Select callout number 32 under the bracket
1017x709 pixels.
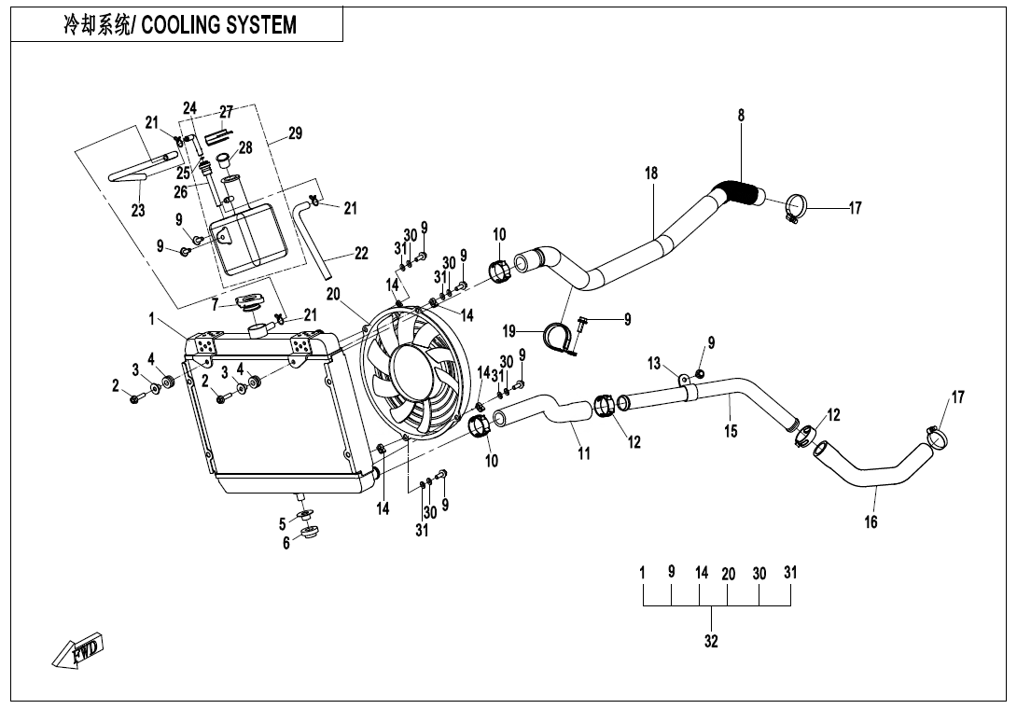711,642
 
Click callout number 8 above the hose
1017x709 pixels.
741,116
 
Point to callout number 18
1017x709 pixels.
651,173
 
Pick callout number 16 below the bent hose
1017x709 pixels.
871,522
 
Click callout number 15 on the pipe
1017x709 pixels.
731,430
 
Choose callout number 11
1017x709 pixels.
584,453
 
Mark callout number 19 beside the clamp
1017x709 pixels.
508,330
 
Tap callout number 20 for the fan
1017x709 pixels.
333,294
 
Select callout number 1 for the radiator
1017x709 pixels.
150,319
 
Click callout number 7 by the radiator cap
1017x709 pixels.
215,304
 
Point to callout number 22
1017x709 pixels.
361,253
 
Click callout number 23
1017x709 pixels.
138,211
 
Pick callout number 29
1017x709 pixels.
295,134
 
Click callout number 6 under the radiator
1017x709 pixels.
286,543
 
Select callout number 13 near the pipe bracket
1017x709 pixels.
654,362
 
